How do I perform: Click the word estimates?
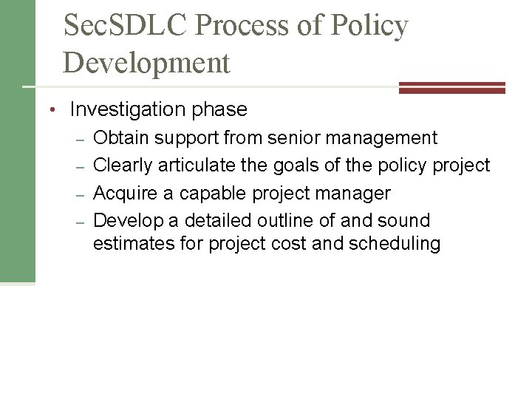coord(130,244)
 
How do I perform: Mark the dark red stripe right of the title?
coord(451,87)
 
